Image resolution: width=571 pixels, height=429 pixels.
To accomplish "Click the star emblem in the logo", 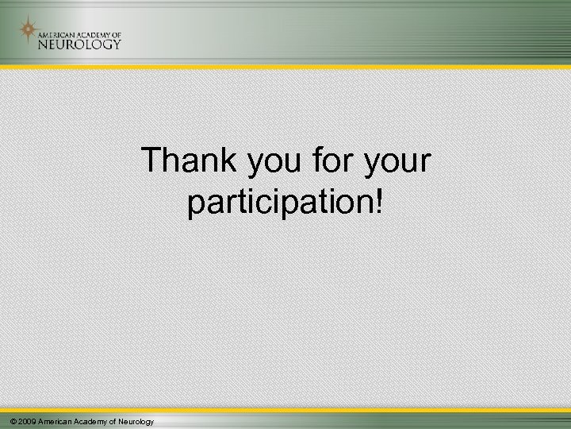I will (28, 32).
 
